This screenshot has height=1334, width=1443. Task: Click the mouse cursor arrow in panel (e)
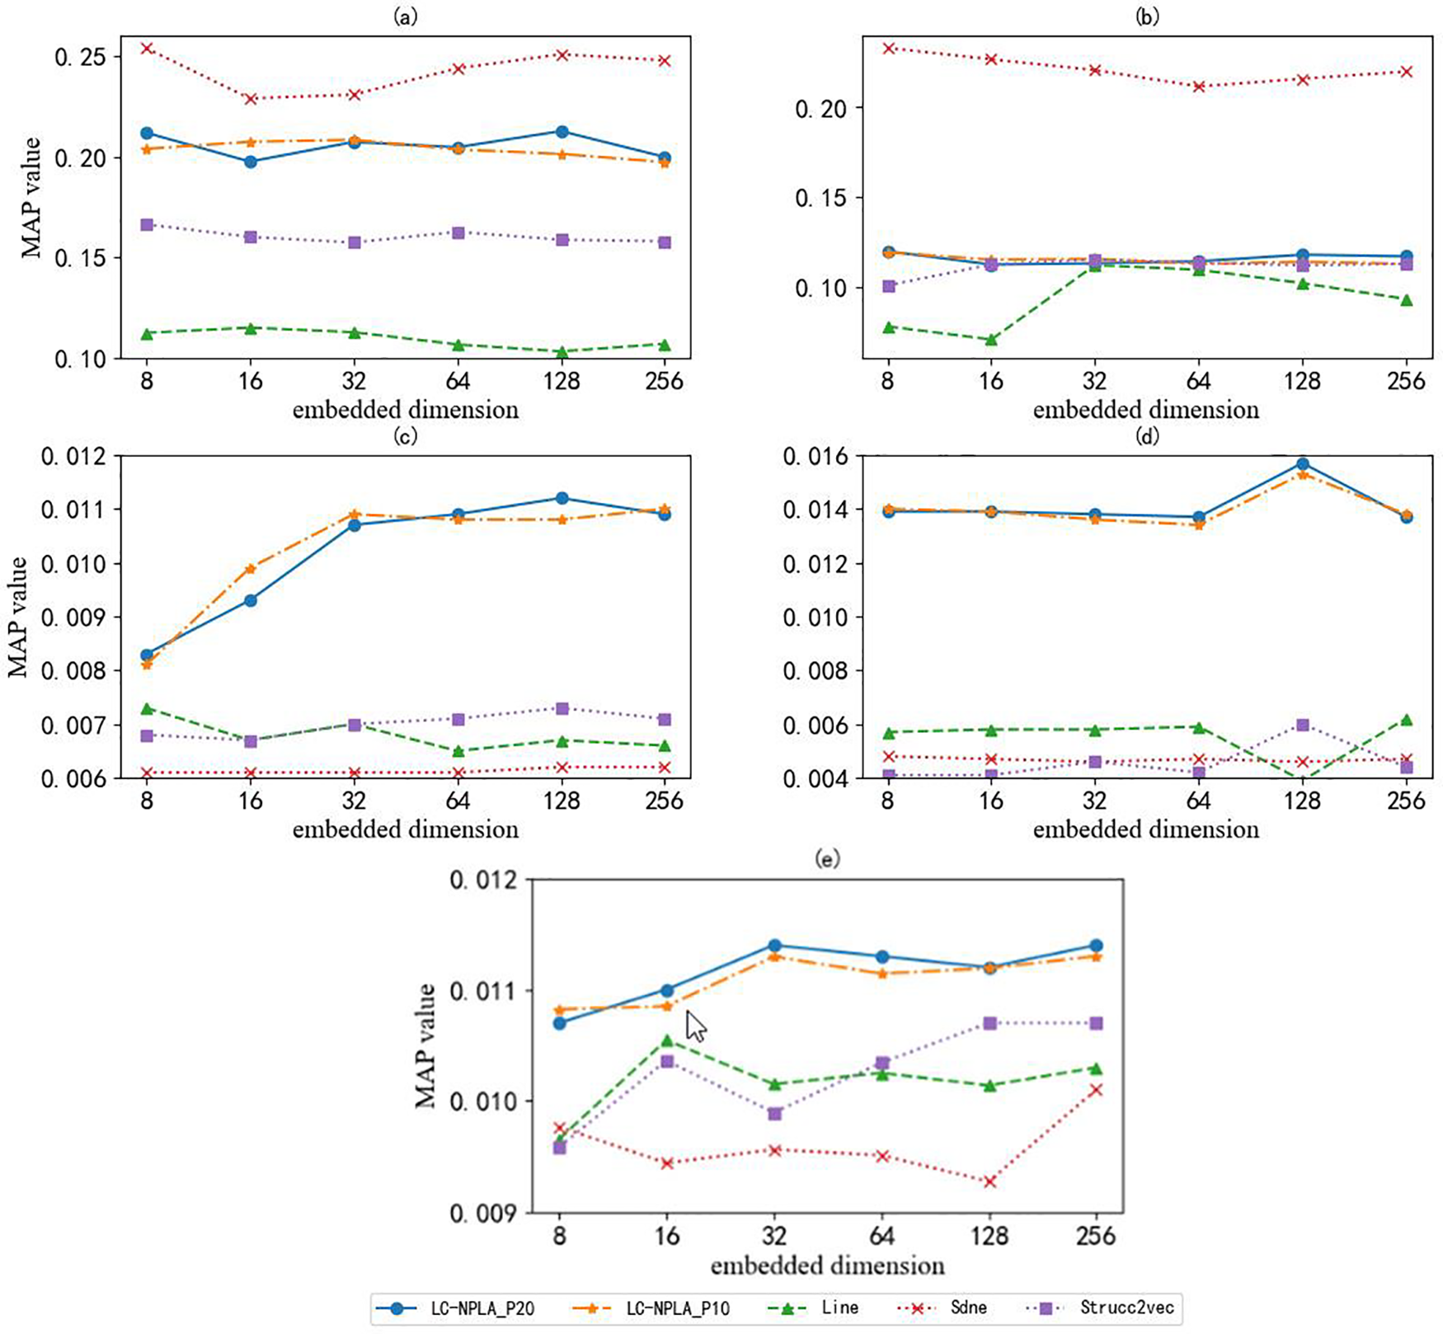696,1027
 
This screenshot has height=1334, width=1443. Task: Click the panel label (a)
405,16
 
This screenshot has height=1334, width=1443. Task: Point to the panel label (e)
827,859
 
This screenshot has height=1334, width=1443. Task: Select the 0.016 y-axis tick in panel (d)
816,456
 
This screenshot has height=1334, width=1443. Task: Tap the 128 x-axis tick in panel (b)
1303,382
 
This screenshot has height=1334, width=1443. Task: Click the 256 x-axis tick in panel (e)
1096,1236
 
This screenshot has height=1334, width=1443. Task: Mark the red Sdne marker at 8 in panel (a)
147,49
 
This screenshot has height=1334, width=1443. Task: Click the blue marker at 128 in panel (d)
1303,464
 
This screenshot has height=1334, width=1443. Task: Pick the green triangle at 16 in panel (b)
991,339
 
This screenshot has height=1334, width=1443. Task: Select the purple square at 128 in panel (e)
990,1023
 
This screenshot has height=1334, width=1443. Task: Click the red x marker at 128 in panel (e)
989,1181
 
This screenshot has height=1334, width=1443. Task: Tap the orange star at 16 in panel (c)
251,568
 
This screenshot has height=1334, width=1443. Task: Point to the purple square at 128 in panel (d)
1303,725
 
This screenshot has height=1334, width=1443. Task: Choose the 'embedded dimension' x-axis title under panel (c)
405,829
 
